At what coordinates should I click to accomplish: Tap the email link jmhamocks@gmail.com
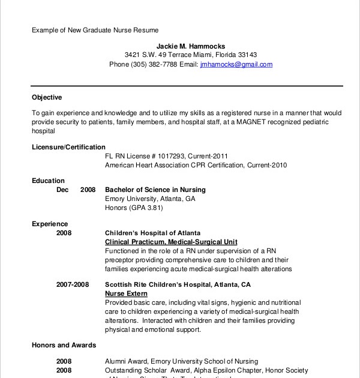[x=236, y=64]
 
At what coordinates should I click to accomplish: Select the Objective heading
[x=47, y=97]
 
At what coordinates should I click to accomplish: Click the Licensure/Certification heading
[x=68, y=147]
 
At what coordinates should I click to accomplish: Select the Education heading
[x=48, y=181]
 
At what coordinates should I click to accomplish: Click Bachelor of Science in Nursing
[x=155, y=190]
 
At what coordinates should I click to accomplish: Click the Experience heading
[x=50, y=224]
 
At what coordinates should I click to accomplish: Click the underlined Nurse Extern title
[x=125, y=294]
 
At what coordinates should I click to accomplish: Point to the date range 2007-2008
[x=73, y=285]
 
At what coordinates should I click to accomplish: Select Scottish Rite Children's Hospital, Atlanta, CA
[x=178, y=285]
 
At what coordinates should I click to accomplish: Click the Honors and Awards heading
[x=64, y=346]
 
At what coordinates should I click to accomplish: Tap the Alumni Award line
[x=181, y=362]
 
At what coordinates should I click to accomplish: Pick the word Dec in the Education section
[x=62, y=190]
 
